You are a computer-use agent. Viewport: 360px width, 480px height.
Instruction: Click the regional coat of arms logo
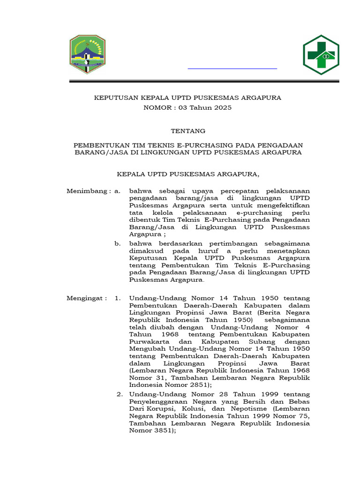pos(88,54)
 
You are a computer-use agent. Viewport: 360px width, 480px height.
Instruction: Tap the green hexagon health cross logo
pos(321,55)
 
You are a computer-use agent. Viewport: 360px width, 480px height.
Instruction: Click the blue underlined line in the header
pos(232,68)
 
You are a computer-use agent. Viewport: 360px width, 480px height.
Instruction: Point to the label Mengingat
pos(86,298)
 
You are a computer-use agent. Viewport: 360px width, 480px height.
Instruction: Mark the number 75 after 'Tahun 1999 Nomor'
pos(305,416)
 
